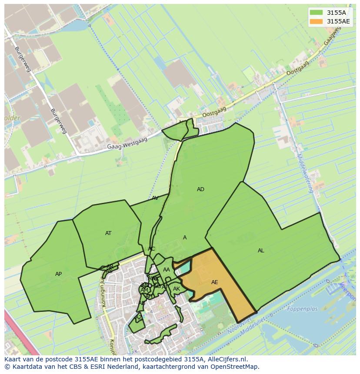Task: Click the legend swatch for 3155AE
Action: pyautogui.click(x=316, y=21)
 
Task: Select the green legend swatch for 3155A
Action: pyautogui.click(x=316, y=13)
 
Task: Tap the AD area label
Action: pyautogui.click(x=200, y=189)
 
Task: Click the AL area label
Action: pyautogui.click(x=261, y=251)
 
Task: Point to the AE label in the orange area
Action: pyautogui.click(x=214, y=282)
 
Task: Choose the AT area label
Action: pyautogui.click(x=108, y=233)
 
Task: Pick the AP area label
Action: pyautogui.click(x=58, y=274)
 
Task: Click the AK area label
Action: pyautogui.click(x=177, y=289)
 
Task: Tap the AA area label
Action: pyautogui.click(x=166, y=270)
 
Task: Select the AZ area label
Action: pyautogui.click(x=139, y=318)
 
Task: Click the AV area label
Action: pyautogui.click(x=155, y=198)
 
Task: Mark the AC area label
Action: pyautogui.click(x=151, y=249)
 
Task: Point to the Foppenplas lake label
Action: pyautogui.click(x=303, y=309)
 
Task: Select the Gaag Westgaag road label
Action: pyautogui.click(x=127, y=143)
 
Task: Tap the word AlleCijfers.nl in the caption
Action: pyautogui.click(x=225, y=359)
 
